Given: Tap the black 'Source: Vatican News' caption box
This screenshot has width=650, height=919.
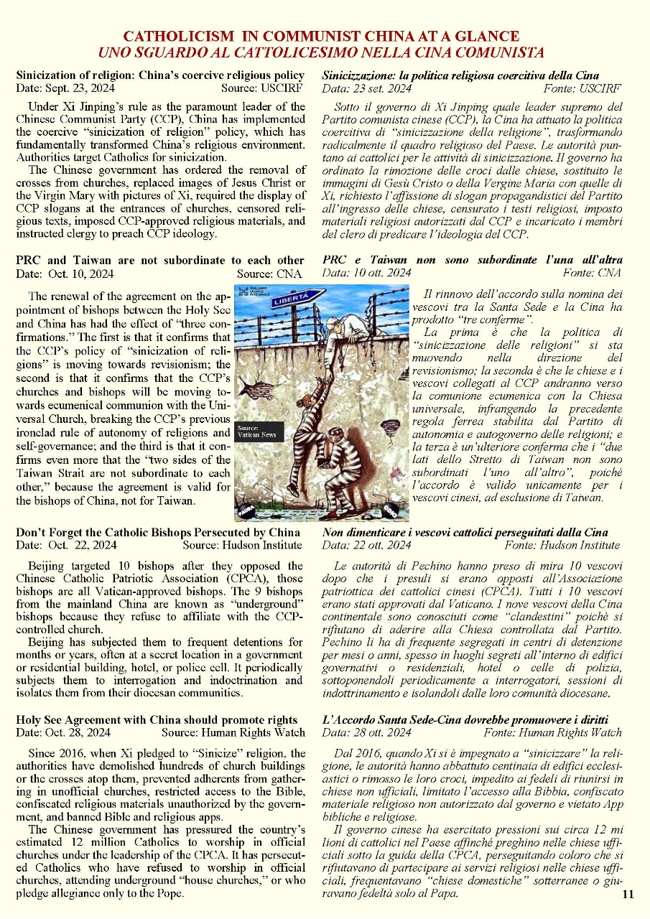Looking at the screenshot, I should point(259,431).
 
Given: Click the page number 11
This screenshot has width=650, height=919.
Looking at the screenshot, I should point(628,894).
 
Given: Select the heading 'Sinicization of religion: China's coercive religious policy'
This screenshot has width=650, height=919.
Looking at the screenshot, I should point(159,75).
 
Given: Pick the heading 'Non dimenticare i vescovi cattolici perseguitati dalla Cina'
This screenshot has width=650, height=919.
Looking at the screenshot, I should point(465,532).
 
